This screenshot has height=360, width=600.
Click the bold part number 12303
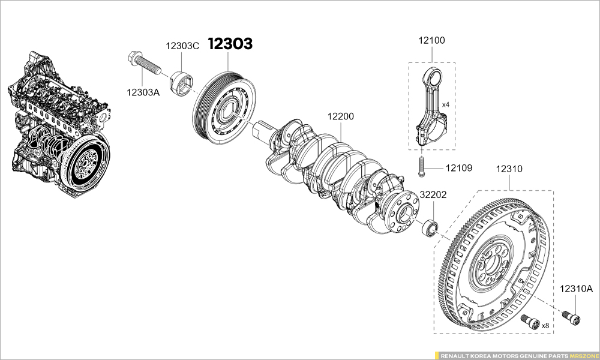[x=230, y=44]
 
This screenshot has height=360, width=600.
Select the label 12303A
[x=143, y=92]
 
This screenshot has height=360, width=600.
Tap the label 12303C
[x=182, y=46]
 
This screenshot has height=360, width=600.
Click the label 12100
[x=431, y=41]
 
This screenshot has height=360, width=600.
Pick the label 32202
[x=433, y=195]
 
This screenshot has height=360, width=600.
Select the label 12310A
[x=576, y=289]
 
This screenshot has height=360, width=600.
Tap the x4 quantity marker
[x=446, y=104]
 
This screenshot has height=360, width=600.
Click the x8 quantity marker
[x=545, y=325]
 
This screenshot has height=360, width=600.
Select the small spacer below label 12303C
[x=182, y=83]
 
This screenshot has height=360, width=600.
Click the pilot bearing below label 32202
[x=430, y=228]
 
